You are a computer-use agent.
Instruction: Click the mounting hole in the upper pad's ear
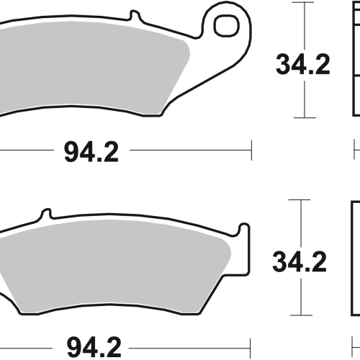pyautogui.click(x=227, y=26)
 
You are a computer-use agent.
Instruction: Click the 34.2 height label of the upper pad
pyautogui.click(x=303, y=65)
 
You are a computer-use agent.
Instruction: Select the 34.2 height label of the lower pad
pyautogui.click(x=300, y=261)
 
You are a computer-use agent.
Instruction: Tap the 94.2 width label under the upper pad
pyautogui.click(x=91, y=152)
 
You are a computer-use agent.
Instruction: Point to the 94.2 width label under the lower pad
pyautogui.click(x=94, y=348)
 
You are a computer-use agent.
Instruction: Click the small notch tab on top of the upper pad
pyautogui.click(x=135, y=16)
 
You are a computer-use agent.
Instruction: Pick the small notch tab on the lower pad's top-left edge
pyautogui.click(x=46, y=214)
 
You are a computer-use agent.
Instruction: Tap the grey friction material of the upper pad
pyautogui.click(x=92, y=67)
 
